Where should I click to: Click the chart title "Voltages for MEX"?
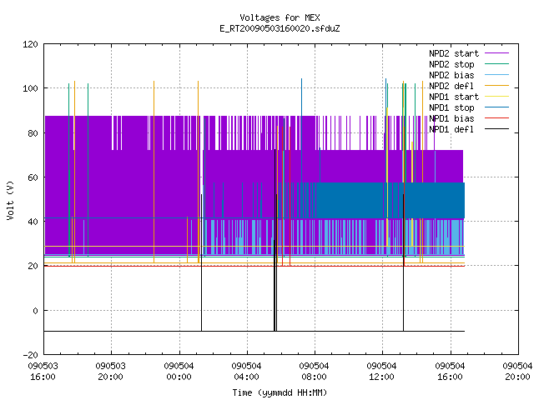[x=280, y=17]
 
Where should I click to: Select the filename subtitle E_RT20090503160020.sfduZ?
[x=280, y=28]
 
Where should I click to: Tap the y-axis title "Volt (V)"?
[x=11, y=200]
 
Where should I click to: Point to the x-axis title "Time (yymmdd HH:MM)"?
[x=280, y=392]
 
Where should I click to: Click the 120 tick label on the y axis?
[x=30, y=44]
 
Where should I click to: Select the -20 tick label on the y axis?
[x=30, y=355]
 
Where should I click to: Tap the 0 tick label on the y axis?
[x=35, y=311]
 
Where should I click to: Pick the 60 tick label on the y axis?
[x=33, y=177]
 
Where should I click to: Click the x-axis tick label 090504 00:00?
[x=179, y=371]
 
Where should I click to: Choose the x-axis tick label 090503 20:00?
[x=111, y=371]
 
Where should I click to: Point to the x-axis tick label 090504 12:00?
[x=382, y=371]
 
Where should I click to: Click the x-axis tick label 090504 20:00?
[x=517, y=371]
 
